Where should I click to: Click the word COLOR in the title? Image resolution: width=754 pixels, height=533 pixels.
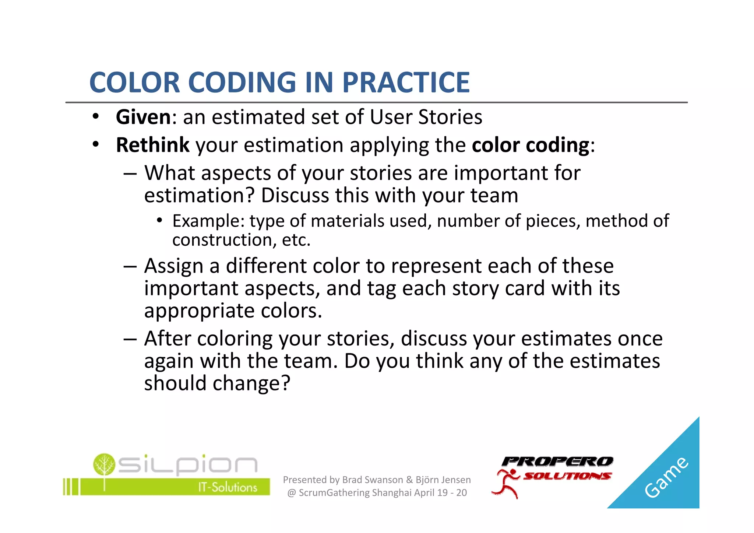(134, 83)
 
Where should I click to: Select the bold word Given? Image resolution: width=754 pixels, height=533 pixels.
(143, 118)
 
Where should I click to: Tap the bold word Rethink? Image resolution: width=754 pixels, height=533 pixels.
(152, 145)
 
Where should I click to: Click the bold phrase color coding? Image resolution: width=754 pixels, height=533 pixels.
(531, 145)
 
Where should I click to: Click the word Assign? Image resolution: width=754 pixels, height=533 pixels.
(173, 266)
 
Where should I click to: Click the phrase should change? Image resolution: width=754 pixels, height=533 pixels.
(217, 383)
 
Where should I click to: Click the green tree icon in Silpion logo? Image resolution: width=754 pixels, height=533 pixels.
(104, 464)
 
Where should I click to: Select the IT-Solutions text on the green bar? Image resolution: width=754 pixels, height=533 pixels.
(228, 487)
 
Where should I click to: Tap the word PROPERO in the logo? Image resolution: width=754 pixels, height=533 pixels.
(557, 462)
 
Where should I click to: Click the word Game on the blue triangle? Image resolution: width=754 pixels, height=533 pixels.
(666, 477)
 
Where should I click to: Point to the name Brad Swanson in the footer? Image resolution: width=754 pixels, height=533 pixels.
(372, 480)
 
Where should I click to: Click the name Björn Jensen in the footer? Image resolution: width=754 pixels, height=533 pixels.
(443, 480)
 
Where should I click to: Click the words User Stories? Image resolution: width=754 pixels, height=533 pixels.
(426, 118)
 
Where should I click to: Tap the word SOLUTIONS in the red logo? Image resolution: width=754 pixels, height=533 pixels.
(567, 476)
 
